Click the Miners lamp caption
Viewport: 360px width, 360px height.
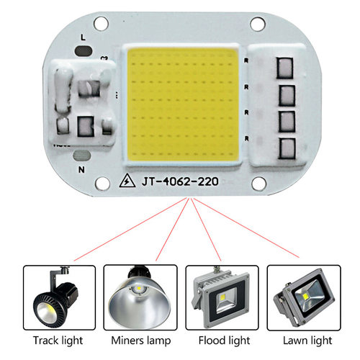(x=139, y=339)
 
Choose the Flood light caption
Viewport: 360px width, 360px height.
(x=220, y=339)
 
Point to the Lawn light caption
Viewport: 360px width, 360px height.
(x=301, y=339)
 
